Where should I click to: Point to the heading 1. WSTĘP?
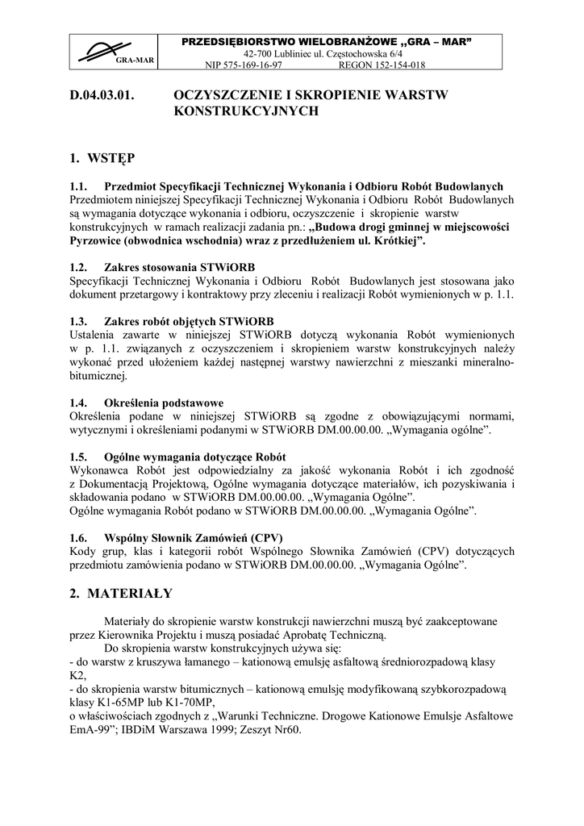point(102,156)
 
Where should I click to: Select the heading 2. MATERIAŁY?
point(121,593)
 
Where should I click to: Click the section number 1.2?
point(78,267)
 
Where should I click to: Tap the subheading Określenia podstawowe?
point(164,403)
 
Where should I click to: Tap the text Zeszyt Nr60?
point(269,730)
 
